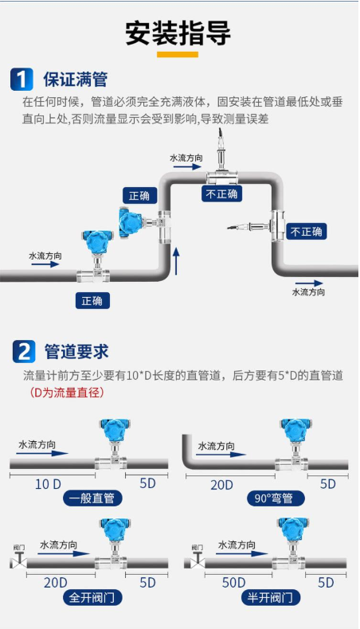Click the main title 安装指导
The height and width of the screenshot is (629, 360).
(x=178, y=33)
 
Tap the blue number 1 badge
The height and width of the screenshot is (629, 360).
(x=22, y=79)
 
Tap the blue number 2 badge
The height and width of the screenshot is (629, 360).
(x=24, y=351)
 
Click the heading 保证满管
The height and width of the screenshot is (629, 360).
(x=76, y=79)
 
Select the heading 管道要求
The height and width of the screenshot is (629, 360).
(x=76, y=352)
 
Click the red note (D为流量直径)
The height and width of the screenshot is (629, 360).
(x=67, y=392)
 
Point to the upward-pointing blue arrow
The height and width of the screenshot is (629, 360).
(x=176, y=261)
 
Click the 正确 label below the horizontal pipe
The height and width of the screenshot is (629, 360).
(x=92, y=300)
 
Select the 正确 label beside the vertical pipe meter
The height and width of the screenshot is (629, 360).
(x=139, y=196)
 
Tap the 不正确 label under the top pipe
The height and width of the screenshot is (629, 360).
(x=221, y=193)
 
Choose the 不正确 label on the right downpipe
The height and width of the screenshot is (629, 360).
(x=306, y=232)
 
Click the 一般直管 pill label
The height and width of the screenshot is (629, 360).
(x=92, y=498)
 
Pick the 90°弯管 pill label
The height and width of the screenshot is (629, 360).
(x=276, y=498)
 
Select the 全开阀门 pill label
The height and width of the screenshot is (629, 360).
(x=92, y=598)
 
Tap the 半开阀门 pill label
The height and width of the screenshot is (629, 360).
(x=271, y=598)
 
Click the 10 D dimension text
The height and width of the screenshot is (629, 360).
(x=48, y=484)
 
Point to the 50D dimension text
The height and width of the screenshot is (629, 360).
(x=233, y=583)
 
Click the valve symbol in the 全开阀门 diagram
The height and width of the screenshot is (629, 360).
(x=18, y=559)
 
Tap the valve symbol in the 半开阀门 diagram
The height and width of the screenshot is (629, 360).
(x=197, y=559)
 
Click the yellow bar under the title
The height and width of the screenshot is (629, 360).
(x=178, y=55)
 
